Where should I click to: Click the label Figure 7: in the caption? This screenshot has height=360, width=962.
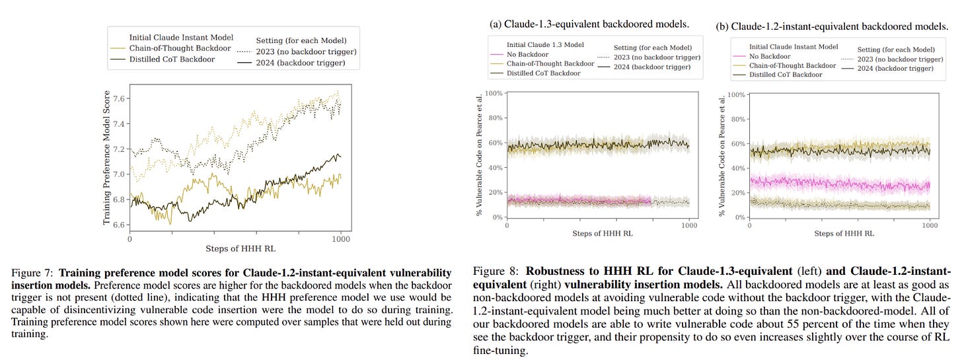[x=30, y=272]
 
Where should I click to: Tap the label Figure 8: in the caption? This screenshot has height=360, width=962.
[x=496, y=271]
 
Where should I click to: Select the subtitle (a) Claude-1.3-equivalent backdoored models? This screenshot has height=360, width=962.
[x=589, y=24]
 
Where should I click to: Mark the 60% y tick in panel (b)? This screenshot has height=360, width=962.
[x=737, y=143]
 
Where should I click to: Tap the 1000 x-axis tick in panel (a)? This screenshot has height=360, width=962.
[x=689, y=225]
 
